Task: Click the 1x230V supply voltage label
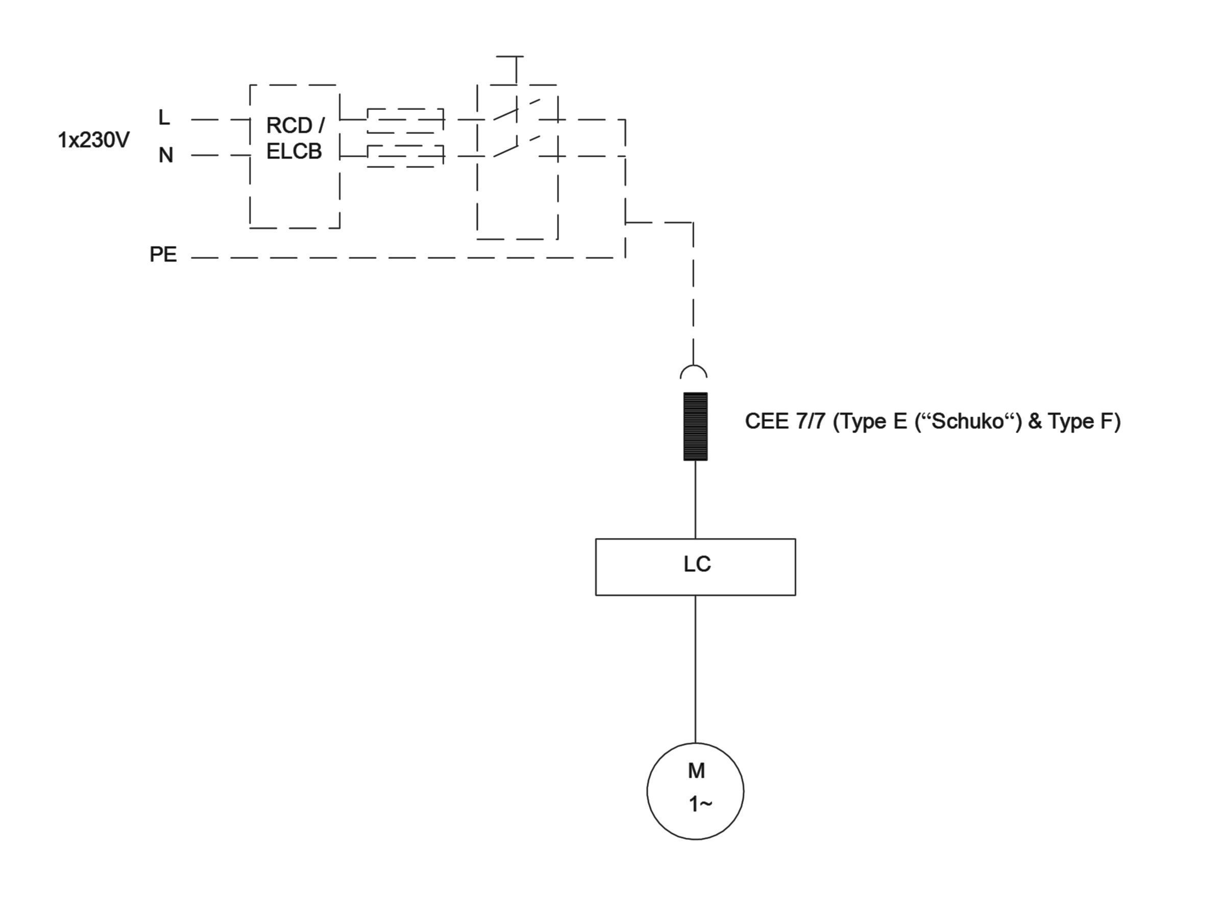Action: coord(93,141)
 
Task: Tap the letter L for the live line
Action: coord(164,117)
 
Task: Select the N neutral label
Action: coord(165,155)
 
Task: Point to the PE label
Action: coord(163,254)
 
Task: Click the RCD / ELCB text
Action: coord(295,138)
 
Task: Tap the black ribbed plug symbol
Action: coord(696,426)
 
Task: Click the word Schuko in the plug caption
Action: coord(968,422)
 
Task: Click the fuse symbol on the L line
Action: coord(405,121)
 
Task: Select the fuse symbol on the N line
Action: coord(405,156)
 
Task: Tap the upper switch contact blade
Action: coord(505,115)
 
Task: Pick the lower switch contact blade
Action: coord(505,151)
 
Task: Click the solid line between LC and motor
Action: coord(696,669)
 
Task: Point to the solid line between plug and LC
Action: coord(696,499)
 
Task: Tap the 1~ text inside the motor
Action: coord(700,804)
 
